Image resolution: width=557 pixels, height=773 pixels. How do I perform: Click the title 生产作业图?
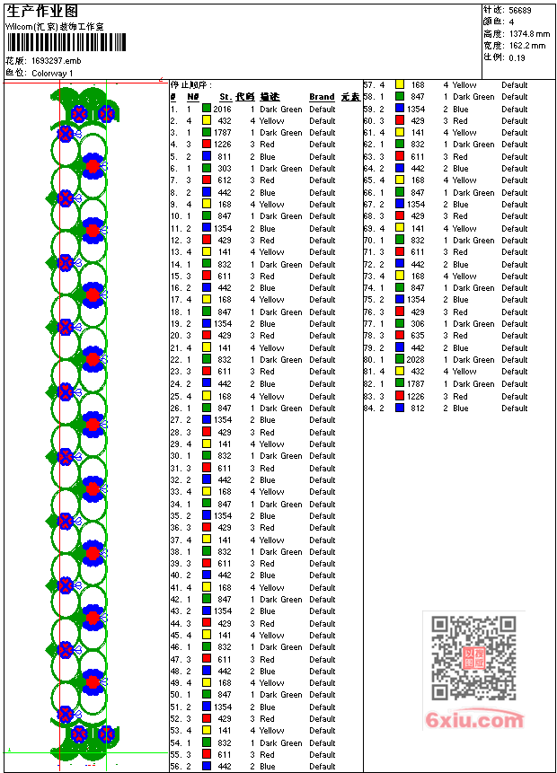coord(42,11)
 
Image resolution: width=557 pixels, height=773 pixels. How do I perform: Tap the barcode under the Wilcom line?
coord(54,42)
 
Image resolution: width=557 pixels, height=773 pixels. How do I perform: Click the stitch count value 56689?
coord(519,10)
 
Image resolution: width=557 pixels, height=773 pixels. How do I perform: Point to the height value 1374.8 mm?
coord(528,33)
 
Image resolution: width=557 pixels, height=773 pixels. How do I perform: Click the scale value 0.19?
coord(517,57)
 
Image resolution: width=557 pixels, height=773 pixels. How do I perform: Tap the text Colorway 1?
coord(52,73)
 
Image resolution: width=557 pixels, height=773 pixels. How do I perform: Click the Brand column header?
coord(322,97)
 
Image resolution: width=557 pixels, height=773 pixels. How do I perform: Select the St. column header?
coord(225,97)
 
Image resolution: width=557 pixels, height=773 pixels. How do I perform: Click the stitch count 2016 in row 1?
coord(222,109)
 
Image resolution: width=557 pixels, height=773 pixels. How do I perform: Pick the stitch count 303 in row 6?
coord(224,169)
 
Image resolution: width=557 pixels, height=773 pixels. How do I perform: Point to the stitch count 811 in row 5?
coord(224,156)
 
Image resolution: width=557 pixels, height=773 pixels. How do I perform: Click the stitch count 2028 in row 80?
coord(415,360)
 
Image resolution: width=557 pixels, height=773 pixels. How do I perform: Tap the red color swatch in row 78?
coord(400,336)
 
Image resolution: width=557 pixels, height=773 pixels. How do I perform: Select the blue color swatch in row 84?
coord(400,408)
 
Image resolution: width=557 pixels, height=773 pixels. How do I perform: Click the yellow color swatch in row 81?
coord(400,372)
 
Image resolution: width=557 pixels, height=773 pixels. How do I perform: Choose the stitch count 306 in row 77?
coord(418,324)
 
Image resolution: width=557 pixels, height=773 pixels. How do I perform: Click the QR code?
coord(473,658)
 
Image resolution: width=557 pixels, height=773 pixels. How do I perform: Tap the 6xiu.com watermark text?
coord(475,720)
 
